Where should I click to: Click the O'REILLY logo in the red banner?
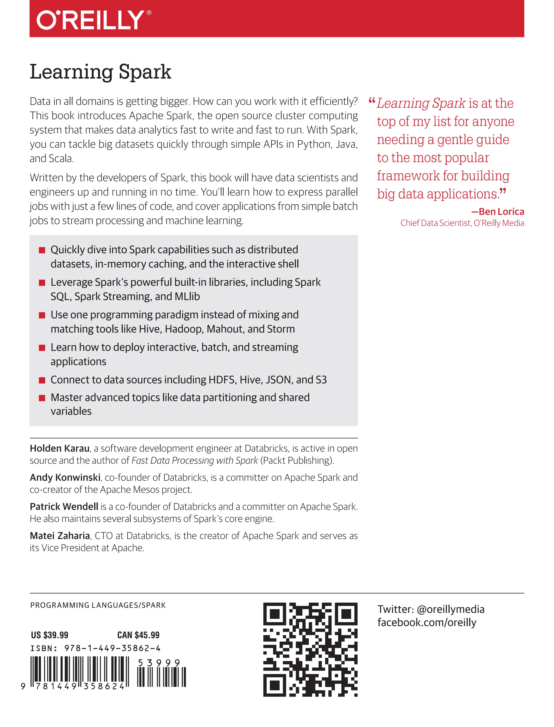point(94,20)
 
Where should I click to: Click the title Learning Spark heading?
point(101,72)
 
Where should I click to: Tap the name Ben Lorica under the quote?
point(501,212)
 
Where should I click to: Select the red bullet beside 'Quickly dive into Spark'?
point(42,250)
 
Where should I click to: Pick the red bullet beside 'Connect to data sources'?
point(42,380)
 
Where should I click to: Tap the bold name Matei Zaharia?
point(60,536)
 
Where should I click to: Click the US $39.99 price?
point(50,635)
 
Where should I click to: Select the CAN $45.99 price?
point(138,635)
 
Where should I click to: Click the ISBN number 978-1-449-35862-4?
point(112,649)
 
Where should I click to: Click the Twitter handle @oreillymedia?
point(450,609)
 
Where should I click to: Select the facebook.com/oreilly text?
point(427,623)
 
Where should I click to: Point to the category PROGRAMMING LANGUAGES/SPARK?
point(98,605)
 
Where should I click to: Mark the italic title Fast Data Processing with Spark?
point(194,460)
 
